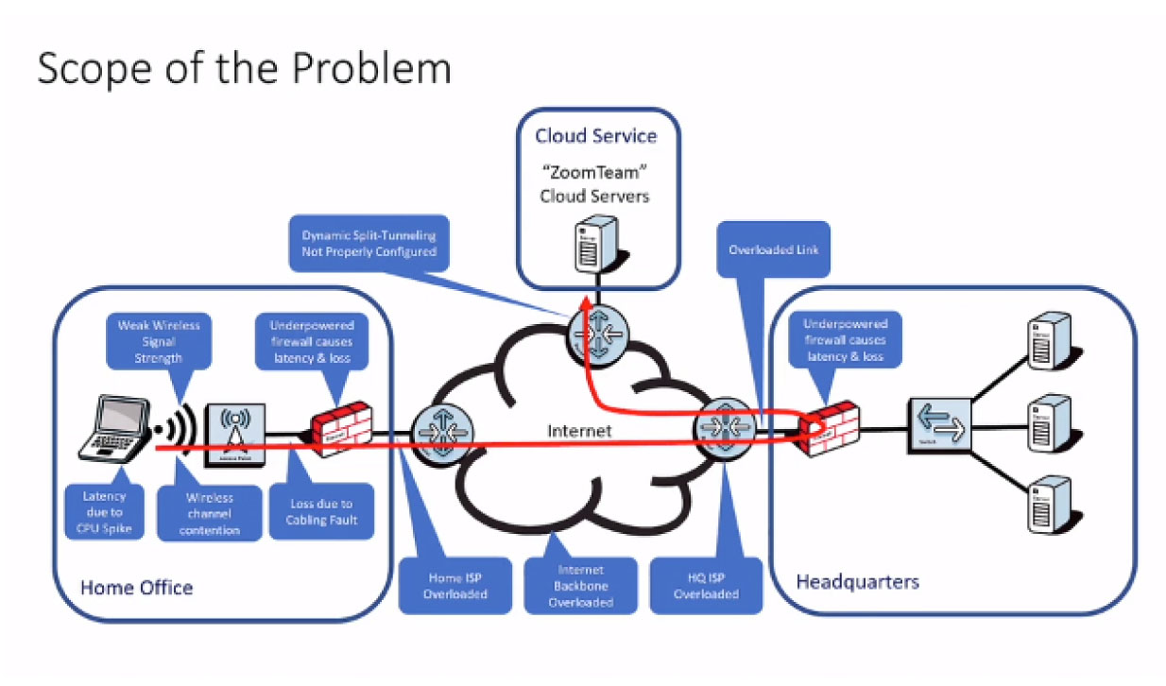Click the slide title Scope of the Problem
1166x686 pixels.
(244, 68)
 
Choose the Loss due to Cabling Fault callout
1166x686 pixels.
(320, 511)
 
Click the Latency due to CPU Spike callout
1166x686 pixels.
(104, 511)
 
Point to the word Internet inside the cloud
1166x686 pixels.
(579, 431)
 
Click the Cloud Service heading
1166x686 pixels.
(595, 135)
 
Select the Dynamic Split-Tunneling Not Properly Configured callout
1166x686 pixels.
(369, 243)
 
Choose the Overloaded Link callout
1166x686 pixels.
(772, 250)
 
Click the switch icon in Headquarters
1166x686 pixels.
(937, 425)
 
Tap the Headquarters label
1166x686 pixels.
(857, 580)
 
